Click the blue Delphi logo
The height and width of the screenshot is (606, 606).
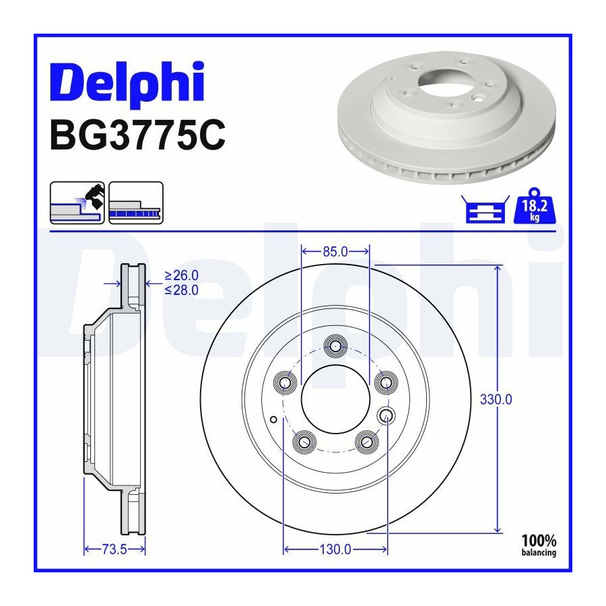127,83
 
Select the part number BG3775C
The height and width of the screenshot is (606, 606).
137,135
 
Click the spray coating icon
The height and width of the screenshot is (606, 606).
77,203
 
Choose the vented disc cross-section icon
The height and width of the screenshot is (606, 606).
136,203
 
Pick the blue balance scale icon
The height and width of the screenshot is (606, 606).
485,209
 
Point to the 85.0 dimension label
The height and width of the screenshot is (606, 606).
335,252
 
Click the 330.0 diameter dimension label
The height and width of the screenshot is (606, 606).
496,399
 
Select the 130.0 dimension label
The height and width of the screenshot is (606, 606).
335,549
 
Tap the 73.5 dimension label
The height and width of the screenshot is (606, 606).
114,549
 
